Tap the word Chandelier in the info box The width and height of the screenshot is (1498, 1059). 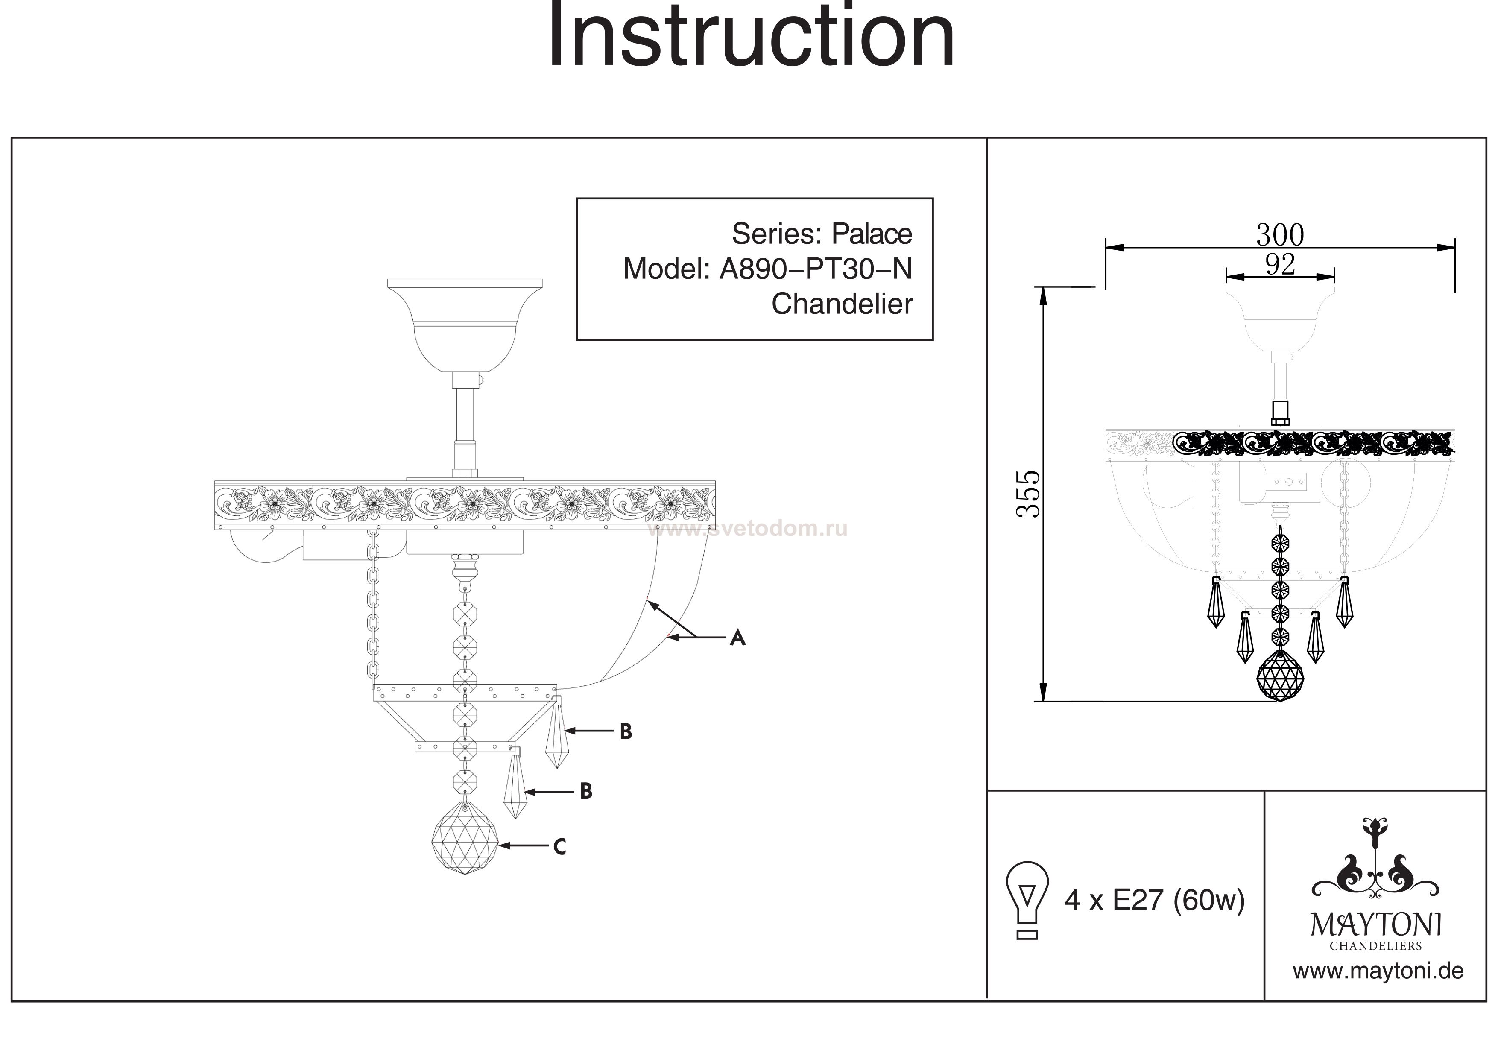842,304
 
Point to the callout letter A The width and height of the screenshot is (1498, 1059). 737,638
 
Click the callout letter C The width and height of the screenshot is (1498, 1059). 559,847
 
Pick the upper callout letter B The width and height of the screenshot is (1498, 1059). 626,732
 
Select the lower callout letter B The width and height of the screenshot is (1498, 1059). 586,792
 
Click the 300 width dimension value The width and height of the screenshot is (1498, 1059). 1280,235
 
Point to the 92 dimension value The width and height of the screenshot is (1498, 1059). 1280,264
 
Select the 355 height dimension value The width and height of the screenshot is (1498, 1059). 1029,494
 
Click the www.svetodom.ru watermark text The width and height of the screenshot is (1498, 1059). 748,529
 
